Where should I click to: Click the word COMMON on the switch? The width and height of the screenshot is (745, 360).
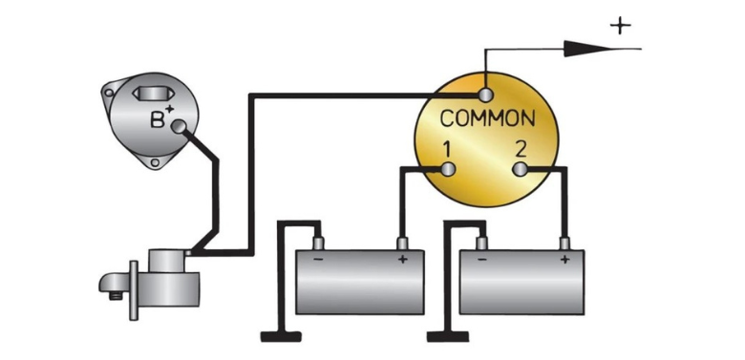coord(487,118)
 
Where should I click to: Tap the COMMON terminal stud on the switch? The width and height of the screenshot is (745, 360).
coord(485,95)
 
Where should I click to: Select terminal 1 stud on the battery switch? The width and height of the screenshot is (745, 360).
coord(449,169)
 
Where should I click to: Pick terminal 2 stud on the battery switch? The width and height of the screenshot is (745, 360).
coord(521,170)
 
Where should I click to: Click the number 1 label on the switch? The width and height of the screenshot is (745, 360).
coord(447,150)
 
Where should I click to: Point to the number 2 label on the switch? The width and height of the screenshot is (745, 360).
coord(521,150)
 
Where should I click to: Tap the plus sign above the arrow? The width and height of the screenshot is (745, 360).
coord(621,26)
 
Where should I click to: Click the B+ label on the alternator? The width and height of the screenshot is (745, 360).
coord(161,116)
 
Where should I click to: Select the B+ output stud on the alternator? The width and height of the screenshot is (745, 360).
coord(179,126)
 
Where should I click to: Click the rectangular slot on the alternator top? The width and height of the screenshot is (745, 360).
coord(149,94)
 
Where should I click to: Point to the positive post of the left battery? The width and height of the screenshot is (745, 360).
coord(402,244)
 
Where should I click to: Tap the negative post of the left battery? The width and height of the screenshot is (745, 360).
coord(318,244)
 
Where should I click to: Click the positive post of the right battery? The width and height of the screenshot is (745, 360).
coord(564,244)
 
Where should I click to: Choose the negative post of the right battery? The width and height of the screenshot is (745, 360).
coord(481,244)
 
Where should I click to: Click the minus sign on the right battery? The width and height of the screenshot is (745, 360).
coord(481,260)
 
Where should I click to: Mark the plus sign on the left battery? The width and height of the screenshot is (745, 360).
coord(402,260)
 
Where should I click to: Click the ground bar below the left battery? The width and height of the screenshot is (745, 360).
coord(281,337)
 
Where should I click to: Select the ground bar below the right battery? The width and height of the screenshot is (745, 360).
coord(448,337)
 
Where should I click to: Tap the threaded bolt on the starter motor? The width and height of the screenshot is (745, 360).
coord(115,296)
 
